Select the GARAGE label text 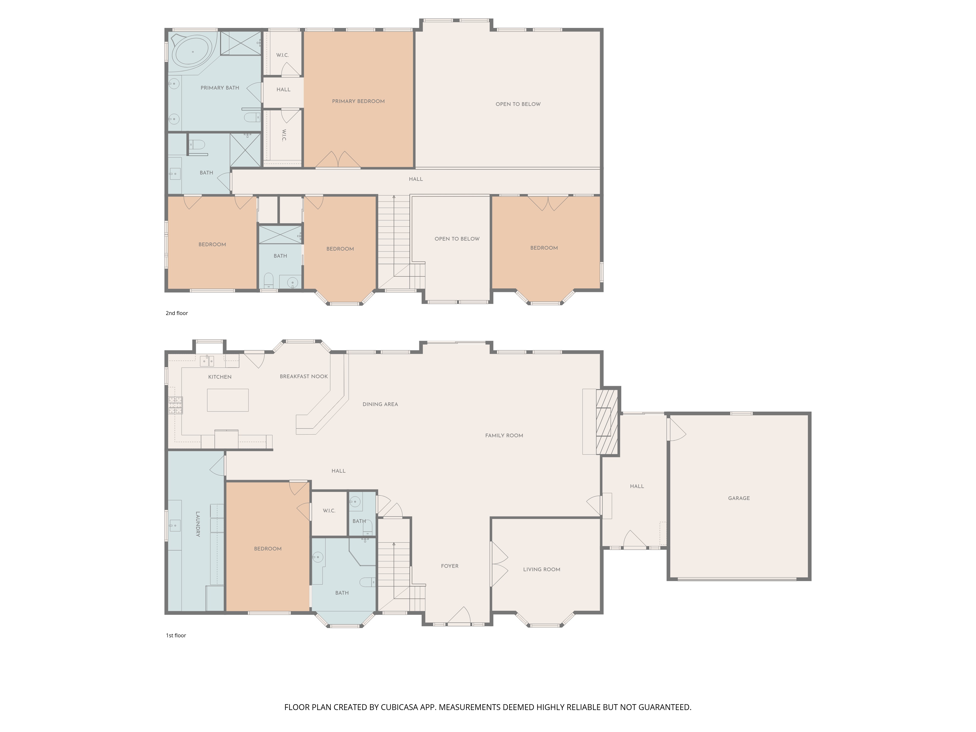pos(739,498)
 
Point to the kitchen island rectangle pos(228,400)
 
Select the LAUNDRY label pos(198,524)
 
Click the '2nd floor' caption pos(176,313)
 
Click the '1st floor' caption pos(176,635)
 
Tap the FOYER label pos(450,566)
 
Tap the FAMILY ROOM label pos(504,436)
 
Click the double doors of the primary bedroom pos(338,160)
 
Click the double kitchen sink pos(207,361)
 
